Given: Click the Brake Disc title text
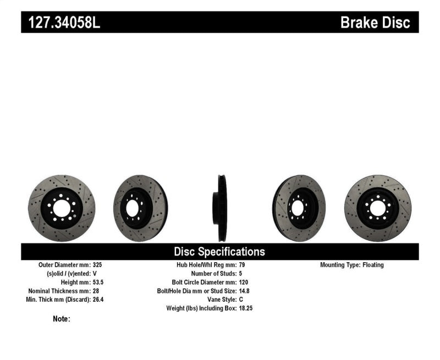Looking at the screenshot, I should click(375, 23).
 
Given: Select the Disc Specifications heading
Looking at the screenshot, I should click(219, 252).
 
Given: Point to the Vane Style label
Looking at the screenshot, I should click(219, 300).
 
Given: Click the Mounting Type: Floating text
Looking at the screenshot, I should click(352, 265).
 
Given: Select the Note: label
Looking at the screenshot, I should click(62, 319).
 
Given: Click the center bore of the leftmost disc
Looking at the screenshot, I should click(61, 208).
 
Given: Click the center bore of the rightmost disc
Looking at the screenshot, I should click(377, 208).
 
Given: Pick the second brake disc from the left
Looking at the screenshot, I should click(140, 208).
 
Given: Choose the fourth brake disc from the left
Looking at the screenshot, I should click(299, 208).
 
